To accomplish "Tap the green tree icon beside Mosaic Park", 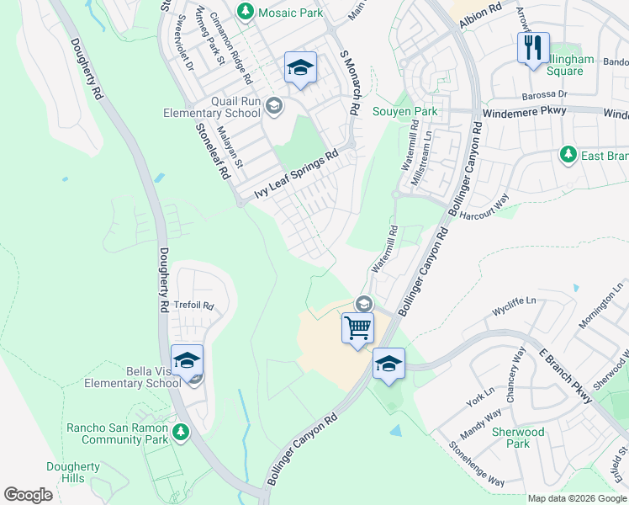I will [245, 12].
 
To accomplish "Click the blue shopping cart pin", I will [357, 327].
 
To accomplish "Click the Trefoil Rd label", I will [194, 306].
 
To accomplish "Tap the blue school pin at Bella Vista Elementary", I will [187, 360].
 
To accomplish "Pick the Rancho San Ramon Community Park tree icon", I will [179, 432].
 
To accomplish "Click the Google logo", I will [29, 494].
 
